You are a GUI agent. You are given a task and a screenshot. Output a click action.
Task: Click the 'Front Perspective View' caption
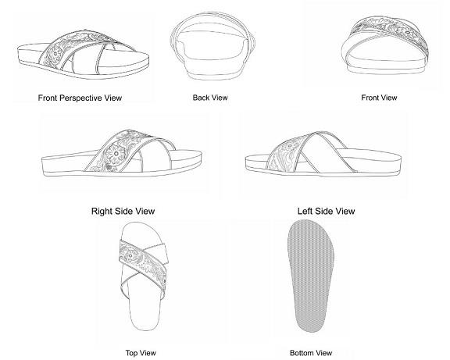click(x=80, y=98)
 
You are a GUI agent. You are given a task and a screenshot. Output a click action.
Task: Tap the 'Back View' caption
click(x=210, y=98)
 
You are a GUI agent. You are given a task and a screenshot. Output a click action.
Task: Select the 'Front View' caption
click(x=379, y=98)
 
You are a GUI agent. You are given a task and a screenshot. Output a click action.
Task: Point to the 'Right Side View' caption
click(x=123, y=211)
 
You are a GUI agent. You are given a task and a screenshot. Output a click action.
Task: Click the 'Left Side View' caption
click(x=326, y=211)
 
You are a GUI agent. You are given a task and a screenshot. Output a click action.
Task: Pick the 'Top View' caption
click(x=141, y=353)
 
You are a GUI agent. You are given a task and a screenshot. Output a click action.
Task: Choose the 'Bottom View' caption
click(x=311, y=353)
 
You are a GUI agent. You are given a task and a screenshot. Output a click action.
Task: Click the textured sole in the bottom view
click(x=310, y=276)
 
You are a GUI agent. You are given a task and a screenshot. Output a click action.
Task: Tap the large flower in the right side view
click(x=116, y=154)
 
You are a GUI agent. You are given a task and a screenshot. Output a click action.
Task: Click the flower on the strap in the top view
click(x=130, y=255)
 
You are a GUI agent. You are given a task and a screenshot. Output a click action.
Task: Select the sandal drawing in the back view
click(x=212, y=46)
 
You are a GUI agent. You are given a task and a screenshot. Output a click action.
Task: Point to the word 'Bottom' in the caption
click(x=300, y=353)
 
